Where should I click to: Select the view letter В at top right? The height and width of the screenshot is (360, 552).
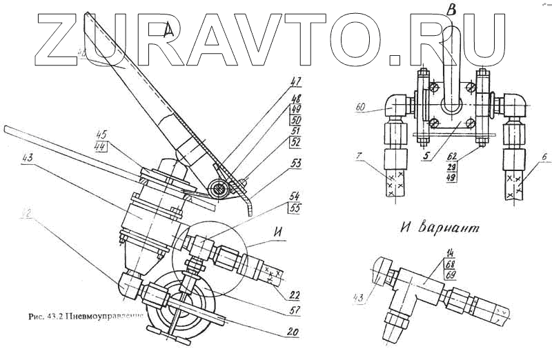click(451, 9)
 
